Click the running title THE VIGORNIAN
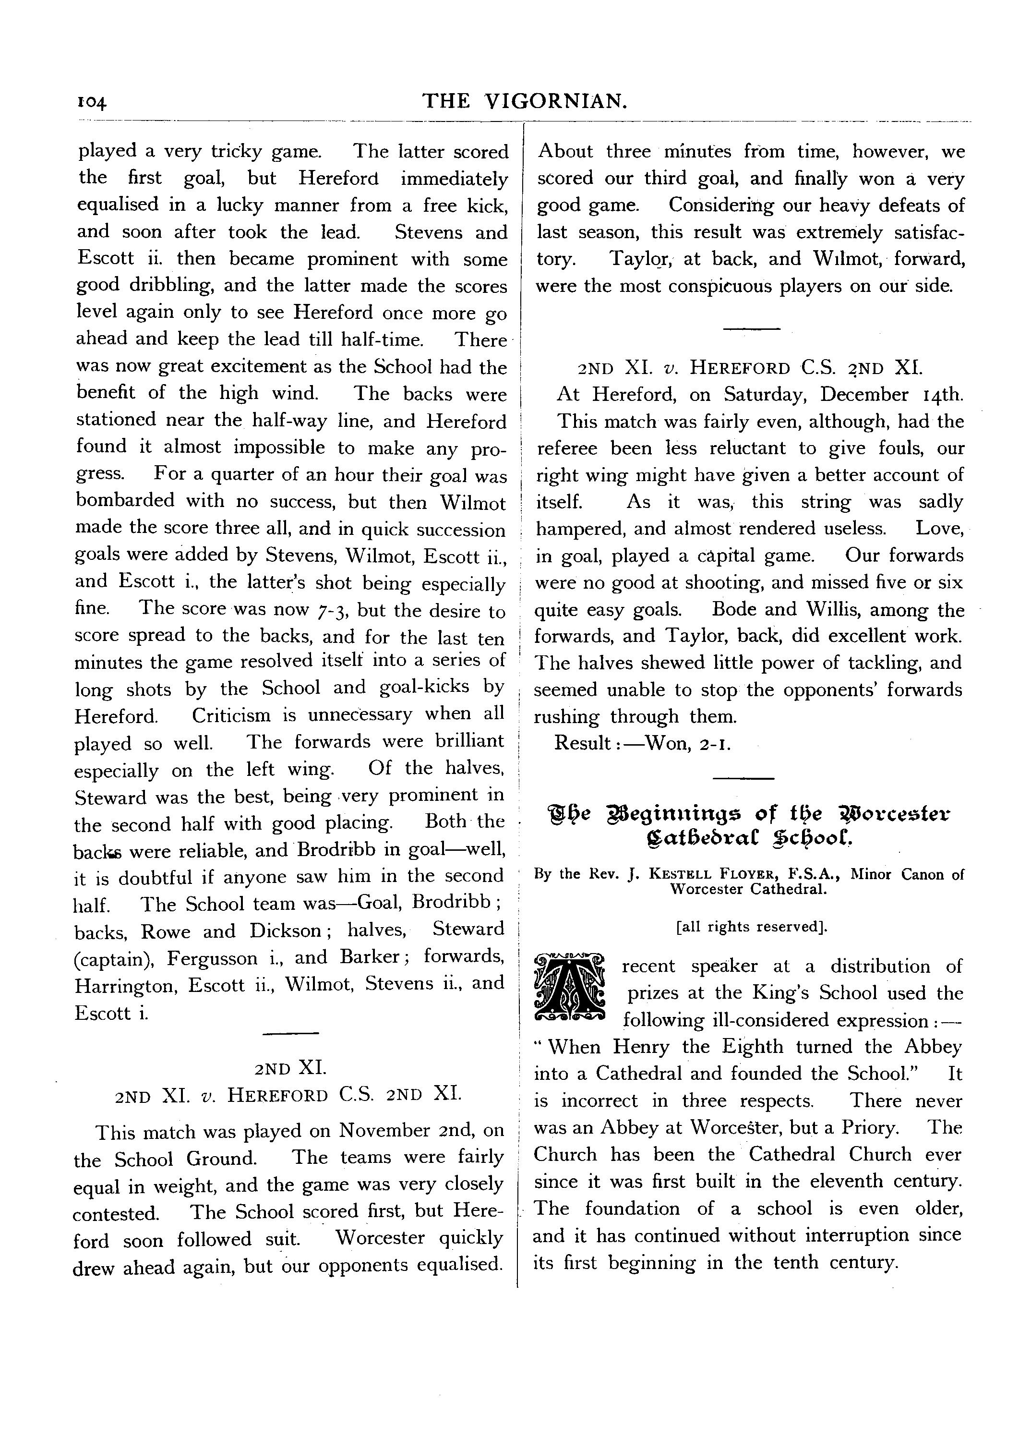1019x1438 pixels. click(525, 100)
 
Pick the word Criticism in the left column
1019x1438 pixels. click(231, 715)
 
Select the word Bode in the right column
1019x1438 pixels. click(734, 609)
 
